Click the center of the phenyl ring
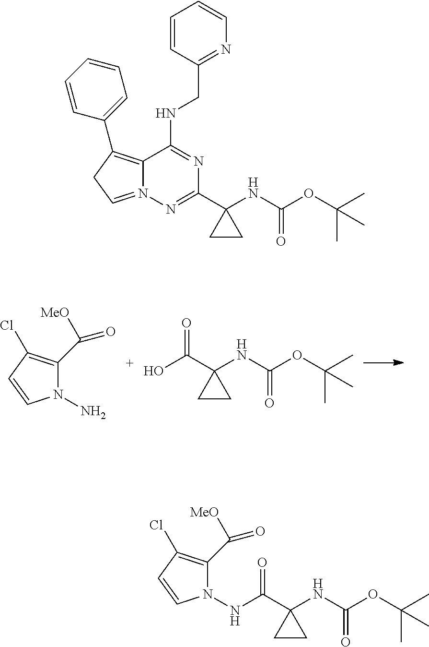pyautogui.click(x=96, y=87)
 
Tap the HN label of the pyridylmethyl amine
pyautogui.click(x=165, y=114)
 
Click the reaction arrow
pyautogui.click(x=383, y=363)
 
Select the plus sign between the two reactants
pyautogui.click(x=129, y=363)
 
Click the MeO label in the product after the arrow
pyautogui.click(x=204, y=512)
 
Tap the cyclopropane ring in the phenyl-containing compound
pyautogui.click(x=226, y=228)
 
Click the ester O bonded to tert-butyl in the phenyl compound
pyautogui.click(x=308, y=194)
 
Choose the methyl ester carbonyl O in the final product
pyautogui.click(x=260, y=531)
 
